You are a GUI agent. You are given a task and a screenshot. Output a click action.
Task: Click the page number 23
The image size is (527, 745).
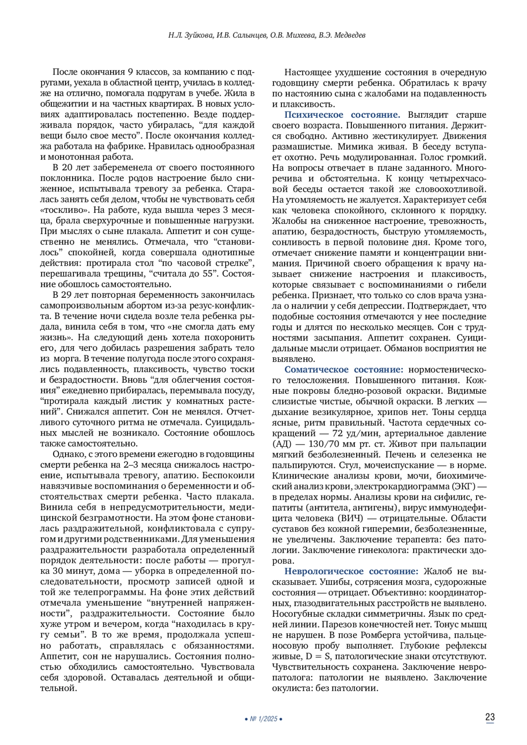click(x=490, y=717)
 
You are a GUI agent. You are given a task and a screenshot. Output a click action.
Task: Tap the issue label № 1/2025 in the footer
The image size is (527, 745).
click(x=263, y=719)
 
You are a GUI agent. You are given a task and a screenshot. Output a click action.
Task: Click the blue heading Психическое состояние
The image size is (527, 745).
click(x=342, y=115)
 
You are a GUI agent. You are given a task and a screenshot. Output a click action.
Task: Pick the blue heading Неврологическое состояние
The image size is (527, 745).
click(x=351, y=571)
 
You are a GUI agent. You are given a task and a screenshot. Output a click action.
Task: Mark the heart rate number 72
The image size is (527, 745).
click(x=338, y=433)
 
